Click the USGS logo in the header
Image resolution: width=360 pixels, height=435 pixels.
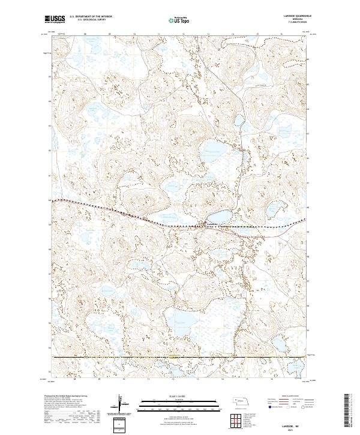[x=56, y=20]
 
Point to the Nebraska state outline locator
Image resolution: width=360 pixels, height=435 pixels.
[x=239, y=401]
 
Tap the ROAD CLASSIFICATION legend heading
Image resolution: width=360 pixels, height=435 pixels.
[x=290, y=397]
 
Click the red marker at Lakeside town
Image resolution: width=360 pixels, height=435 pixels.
[x=203, y=226]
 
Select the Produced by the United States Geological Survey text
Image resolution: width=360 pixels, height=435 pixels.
[x=66, y=397]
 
